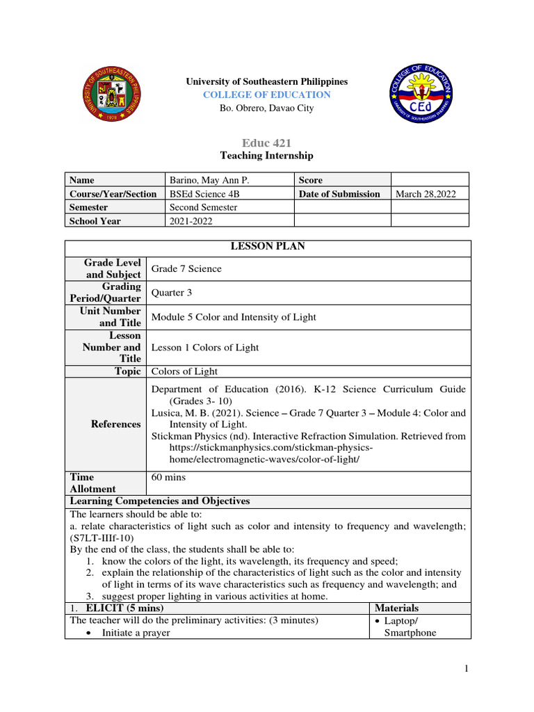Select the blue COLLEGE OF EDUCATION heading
(x=266, y=95)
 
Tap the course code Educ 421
(x=266, y=143)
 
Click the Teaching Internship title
(x=266, y=156)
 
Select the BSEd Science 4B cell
(x=207, y=194)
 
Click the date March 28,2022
(x=426, y=194)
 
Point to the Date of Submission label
(x=339, y=194)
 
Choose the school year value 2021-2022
(x=191, y=221)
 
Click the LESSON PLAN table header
(x=268, y=246)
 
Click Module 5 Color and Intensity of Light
(x=234, y=317)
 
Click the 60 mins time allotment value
(x=169, y=478)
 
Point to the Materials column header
(x=396, y=608)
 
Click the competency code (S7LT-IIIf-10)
(x=103, y=537)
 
